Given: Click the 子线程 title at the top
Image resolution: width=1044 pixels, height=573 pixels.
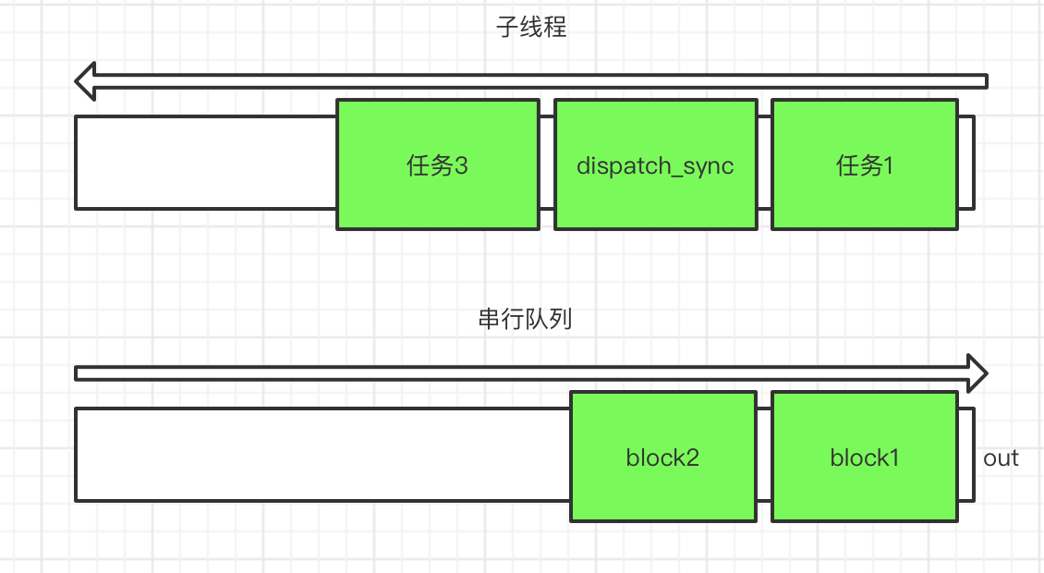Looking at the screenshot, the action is click(531, 28).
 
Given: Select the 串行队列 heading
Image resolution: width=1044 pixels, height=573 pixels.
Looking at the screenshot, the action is click(525, 319).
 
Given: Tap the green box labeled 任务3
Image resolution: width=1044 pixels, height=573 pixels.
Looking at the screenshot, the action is click(437, 165).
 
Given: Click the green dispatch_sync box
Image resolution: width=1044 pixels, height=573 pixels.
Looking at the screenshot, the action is click(656, 165).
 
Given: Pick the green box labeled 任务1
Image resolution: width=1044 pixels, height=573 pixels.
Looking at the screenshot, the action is click(864, 165).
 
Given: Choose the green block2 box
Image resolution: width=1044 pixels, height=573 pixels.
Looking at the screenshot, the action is click(663, 457).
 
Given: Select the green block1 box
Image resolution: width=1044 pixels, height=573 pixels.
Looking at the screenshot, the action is click(864, 457).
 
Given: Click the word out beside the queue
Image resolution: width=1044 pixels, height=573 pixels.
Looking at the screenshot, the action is click(1001, 458).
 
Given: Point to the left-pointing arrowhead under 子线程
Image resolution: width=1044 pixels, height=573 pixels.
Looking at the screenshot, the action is click(85, 81).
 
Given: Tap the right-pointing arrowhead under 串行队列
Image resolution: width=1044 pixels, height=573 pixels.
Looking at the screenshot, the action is click(977, 373).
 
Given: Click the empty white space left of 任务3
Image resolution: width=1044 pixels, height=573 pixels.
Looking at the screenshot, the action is click(206, 164).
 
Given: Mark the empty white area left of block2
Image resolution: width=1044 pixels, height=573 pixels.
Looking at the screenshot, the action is click(323, 455).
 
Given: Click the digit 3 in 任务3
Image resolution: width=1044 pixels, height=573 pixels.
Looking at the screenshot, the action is click(461, 165).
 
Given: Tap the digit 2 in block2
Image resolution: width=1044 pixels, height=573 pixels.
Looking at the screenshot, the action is click(692, 457).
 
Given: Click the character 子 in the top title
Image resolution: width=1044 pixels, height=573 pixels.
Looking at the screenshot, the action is click(507, 28).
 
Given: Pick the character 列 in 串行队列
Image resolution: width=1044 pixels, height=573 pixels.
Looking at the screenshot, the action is click(561, 319).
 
